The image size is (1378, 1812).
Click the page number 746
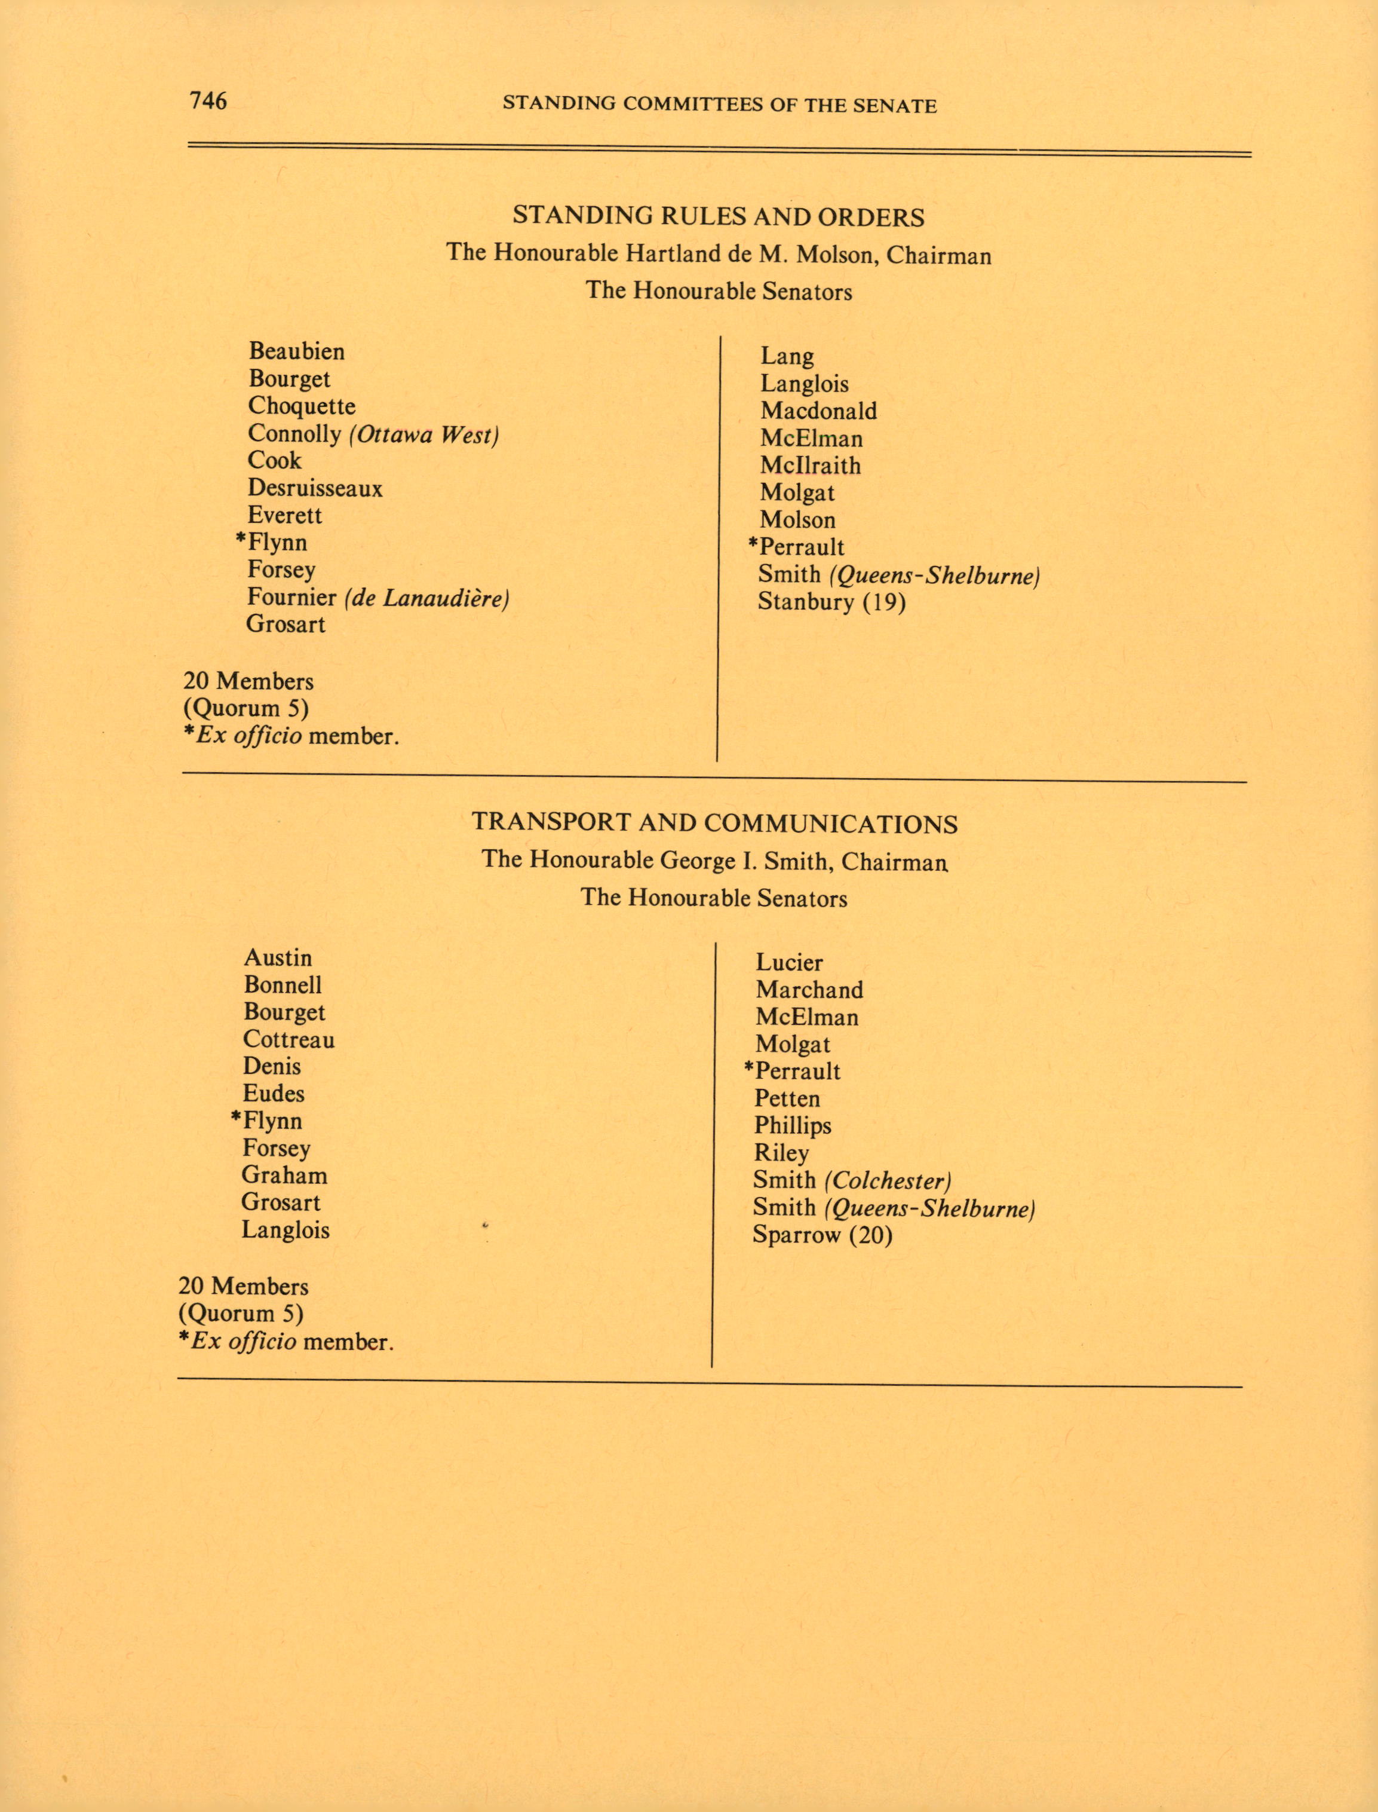pyautogui.click(x=208, y=100)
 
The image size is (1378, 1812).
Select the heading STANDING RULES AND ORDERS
pyautogui.click(x=719, y=217)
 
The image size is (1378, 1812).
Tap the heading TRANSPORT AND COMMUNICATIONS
pyautogui.click(x=714, y=823)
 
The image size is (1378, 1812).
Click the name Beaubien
pyautogui.click(x=296, y=351)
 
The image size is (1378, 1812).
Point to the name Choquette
pyautogui.click(x=301, y=406)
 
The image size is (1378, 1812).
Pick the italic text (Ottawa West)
pyautogui.click(x=424, y=434)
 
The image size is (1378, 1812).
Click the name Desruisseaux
pyautogui.click(x=315, y=488)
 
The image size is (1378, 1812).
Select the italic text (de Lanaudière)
pyautogui.click(x=427, y=598)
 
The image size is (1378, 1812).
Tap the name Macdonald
pyautogui.click(x=818, y=411)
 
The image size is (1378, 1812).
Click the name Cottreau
pyautogui.click(x=289, y=1040)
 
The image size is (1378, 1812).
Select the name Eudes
pyautogui.click(x=273, y=1094)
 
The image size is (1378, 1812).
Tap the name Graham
pyautogui.click(x=284, y=1175)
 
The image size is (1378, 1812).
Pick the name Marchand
pyautogui.click(x=809, y=990)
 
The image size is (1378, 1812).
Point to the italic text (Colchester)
pyautogui.click(x=888, y=1181)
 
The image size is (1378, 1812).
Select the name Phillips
pyautogui.click(x=793, y=1126)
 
